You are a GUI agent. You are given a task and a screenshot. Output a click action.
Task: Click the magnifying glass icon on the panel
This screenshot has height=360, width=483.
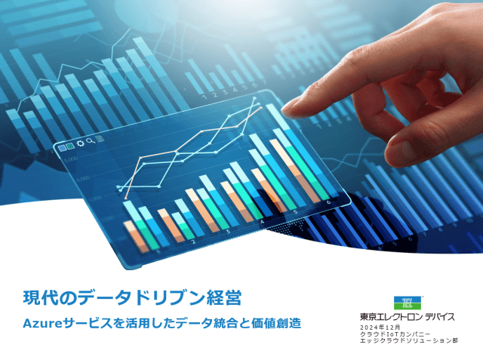click(90, 141)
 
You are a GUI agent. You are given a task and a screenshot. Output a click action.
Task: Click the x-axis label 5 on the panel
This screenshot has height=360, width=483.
click(296, 213)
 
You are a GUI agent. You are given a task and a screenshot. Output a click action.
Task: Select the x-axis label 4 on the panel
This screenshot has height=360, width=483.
click(262, 223)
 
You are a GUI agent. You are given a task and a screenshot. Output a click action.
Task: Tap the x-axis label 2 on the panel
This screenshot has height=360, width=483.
click(194, 242)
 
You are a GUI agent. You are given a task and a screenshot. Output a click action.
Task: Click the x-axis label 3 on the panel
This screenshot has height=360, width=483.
click(227, 233)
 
